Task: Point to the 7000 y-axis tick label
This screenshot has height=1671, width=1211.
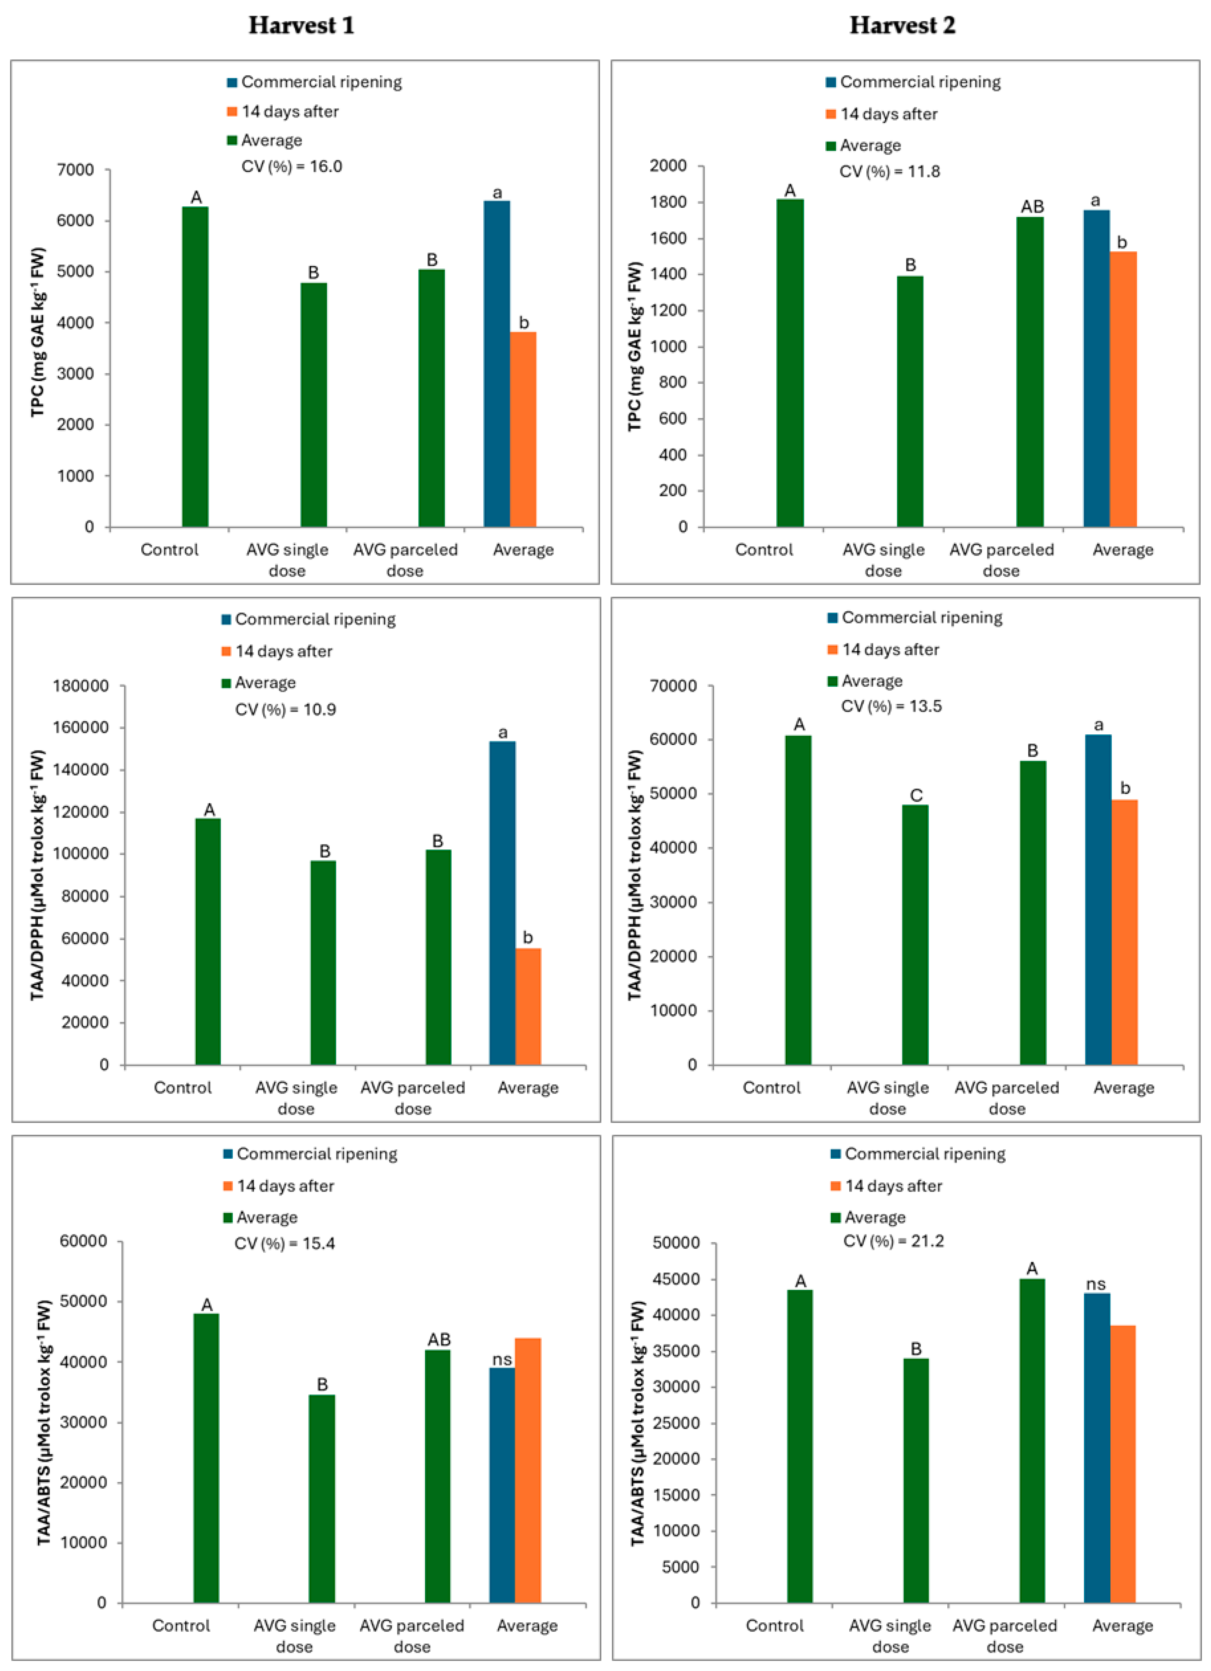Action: (76, 170)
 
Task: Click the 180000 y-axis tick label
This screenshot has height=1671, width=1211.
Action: (81, 686)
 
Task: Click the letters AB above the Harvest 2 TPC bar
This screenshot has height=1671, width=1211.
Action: (1032, 207)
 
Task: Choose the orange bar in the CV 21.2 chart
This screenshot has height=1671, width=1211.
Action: (1122, 1466)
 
